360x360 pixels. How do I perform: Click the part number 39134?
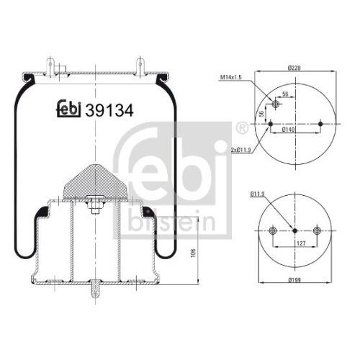(109, 111)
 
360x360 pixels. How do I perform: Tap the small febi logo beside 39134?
(68, 109)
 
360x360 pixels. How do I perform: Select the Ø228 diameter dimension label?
(294, 68)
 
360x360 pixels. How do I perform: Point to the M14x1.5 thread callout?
(231, 77)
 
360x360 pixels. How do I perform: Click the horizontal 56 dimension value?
(285, 94)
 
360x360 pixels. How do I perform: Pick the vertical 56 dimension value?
(262, 113)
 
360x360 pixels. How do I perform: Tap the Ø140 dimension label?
(288, 130)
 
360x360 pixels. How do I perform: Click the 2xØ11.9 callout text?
(240, 150)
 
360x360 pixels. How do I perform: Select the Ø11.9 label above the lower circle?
(257, 194)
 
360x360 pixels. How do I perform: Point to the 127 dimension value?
(301, 243)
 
